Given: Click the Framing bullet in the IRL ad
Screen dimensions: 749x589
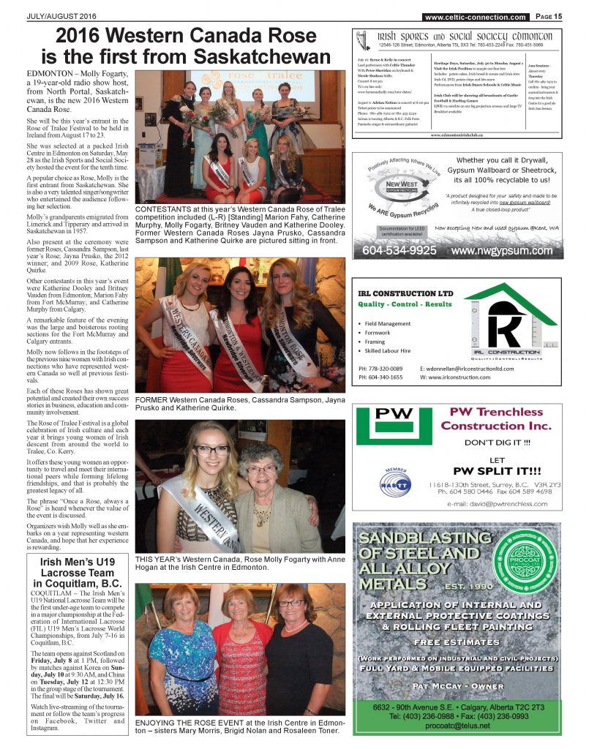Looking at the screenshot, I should coord(377,342).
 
